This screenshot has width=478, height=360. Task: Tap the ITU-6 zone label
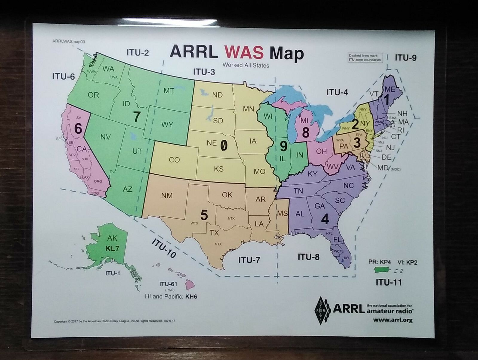[63, 76]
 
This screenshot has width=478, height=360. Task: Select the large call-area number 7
[137, 116]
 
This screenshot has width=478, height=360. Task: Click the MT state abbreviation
[168, 91]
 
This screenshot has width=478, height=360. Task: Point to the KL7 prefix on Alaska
[112, 248]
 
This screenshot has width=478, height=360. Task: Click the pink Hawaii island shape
[190, 284]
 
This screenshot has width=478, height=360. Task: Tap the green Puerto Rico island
[382, 269]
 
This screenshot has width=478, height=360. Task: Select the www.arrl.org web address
[393, 320]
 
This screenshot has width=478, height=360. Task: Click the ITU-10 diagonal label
[163, 248]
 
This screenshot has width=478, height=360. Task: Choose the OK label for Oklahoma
[227, 195]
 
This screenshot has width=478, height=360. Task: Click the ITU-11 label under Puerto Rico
[388, 282]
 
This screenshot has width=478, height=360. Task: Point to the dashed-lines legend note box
[365, 57]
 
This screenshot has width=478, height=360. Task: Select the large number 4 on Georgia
[325, 219]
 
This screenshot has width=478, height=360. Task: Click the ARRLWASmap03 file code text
[69, 42]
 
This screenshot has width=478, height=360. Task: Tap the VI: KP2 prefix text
[407, 262]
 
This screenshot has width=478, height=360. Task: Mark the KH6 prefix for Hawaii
[191, 297]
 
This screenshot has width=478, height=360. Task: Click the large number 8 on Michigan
[305, 132]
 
